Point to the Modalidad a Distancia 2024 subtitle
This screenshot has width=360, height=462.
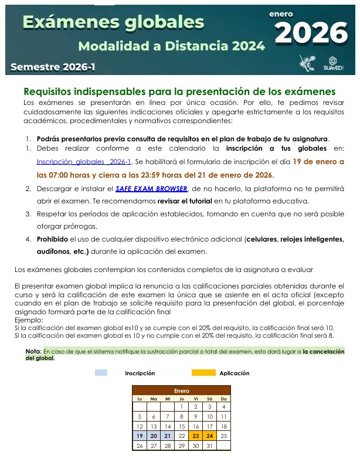click(171, 46)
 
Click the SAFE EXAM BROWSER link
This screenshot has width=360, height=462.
click(151, 188)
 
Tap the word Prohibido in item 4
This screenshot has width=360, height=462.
click(52, 239)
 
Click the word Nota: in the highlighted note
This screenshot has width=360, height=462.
click(33, 351)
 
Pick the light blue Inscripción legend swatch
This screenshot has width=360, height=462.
click(101, 373)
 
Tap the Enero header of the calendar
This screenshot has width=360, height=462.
click(182, 390)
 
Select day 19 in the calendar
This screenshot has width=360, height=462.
click(140, 436)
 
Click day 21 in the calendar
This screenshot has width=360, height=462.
click(168, 436)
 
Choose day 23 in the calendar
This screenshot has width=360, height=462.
click(196, 436)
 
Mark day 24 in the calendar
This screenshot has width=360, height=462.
click(210, 436)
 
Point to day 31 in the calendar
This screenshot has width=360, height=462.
click(210, 446)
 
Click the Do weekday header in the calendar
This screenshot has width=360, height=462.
click(224, 399)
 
